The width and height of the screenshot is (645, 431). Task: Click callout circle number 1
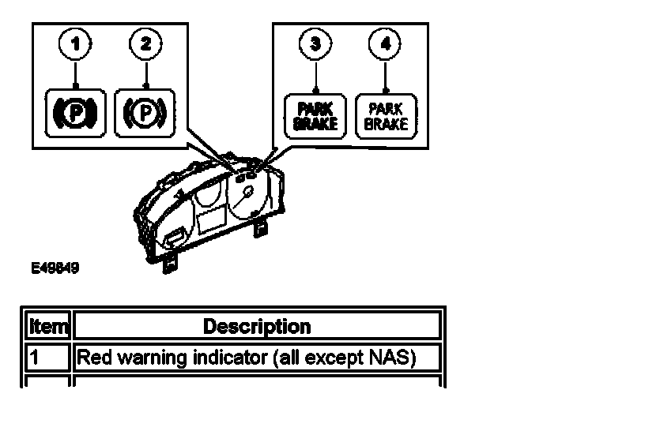(76, 44)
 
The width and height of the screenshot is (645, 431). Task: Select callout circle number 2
(145, 44)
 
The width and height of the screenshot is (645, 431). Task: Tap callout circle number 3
(315, 44)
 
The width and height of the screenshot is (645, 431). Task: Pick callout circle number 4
(385, 44)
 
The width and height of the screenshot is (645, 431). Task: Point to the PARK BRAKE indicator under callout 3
(315, 116)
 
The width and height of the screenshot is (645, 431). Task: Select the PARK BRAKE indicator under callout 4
(385, 116)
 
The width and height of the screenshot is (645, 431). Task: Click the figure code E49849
(55, 268)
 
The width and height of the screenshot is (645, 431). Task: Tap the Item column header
(48, 326)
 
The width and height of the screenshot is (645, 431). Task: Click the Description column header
(257, 326)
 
